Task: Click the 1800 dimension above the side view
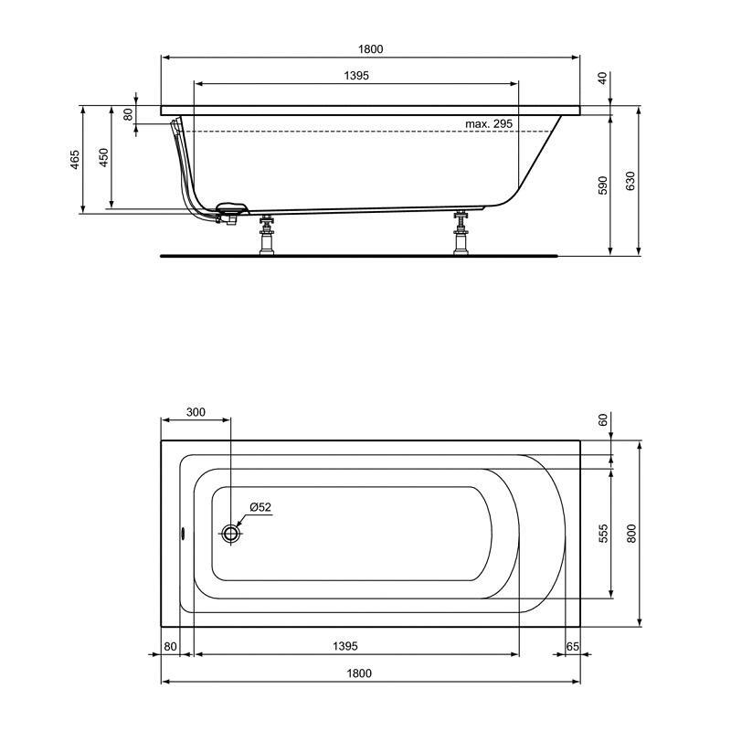[371, 49]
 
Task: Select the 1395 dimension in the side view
[356, 76]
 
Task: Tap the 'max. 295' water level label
[489, 124]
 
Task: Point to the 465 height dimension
[75, 159]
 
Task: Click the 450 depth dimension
[103, 157]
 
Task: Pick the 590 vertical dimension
[603, 185]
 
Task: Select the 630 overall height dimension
[630, 181]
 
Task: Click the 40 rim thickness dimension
[603, 79]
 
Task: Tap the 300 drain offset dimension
[196, 412]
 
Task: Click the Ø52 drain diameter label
[260, 507]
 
